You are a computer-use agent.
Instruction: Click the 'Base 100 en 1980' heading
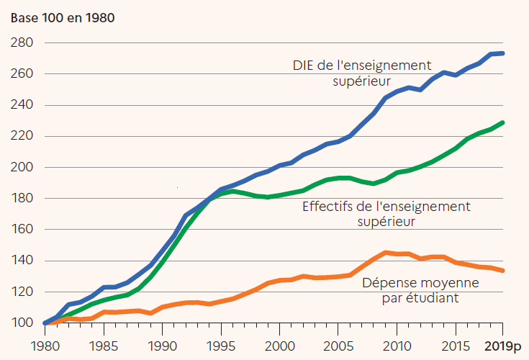click(62, 17)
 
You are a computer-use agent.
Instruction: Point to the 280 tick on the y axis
click(22, 43)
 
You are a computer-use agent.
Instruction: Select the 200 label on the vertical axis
click(22, 168)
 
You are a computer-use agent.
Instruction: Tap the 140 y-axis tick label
click(22, 261)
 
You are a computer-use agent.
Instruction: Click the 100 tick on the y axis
click(22, 323)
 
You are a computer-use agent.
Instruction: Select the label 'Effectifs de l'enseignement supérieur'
click(386, 214)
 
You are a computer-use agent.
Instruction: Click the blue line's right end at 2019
click(503, 53)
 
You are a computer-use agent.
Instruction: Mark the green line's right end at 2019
click(503, 122)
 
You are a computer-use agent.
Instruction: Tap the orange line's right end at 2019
click(503, 271)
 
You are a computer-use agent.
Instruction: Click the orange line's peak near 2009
click(386, 253)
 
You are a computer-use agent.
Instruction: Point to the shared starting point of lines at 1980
click(45, 323)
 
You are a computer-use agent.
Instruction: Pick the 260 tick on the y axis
click(22, 74)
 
